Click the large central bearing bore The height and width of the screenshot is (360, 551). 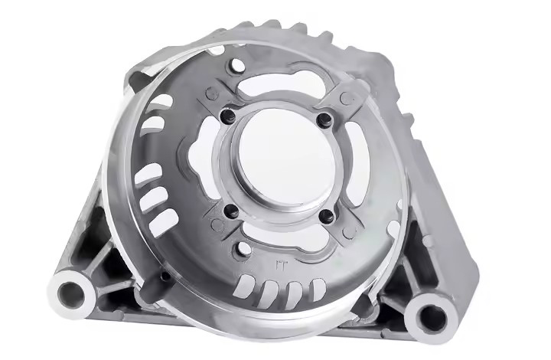pos(276,163)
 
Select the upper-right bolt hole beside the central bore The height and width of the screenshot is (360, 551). pos(324,119)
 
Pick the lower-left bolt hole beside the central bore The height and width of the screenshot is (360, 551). pos(229,210)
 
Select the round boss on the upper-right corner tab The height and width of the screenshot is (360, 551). pos(347,98)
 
